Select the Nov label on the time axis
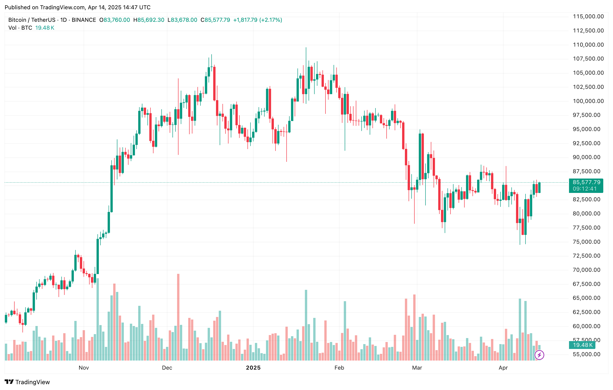pos(84,368)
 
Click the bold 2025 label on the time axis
pos(253,368)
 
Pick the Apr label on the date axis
pos(503,368)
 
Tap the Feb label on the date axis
pos(339,368)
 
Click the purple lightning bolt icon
pos(539,355)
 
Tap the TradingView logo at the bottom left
pos(27,382)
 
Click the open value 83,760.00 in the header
pos(117,20)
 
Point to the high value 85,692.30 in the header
pos(151,20)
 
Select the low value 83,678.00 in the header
pos(184,20)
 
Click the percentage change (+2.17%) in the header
pos(271,20)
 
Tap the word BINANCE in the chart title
pos(84,20)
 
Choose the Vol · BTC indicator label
pos(20,28)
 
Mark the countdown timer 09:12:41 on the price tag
pos(585,189)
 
